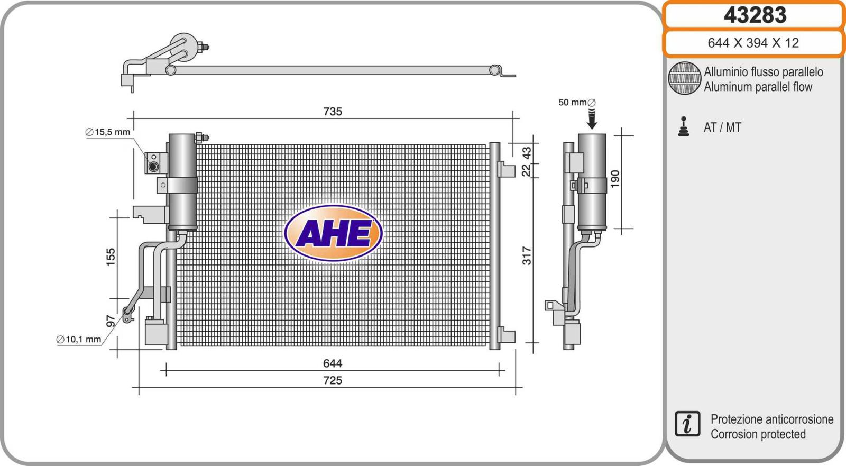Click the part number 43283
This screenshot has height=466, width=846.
755,15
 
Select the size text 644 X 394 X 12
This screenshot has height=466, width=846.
753,43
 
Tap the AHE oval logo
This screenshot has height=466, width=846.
333,233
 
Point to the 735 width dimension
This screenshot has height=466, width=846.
333,112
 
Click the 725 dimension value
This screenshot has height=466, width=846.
333,380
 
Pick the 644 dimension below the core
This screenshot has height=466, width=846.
333,363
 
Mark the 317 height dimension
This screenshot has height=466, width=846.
527,256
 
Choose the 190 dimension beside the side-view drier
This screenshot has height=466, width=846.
615,179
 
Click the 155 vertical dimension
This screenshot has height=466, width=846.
111,257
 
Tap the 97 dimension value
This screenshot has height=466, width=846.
111,321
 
